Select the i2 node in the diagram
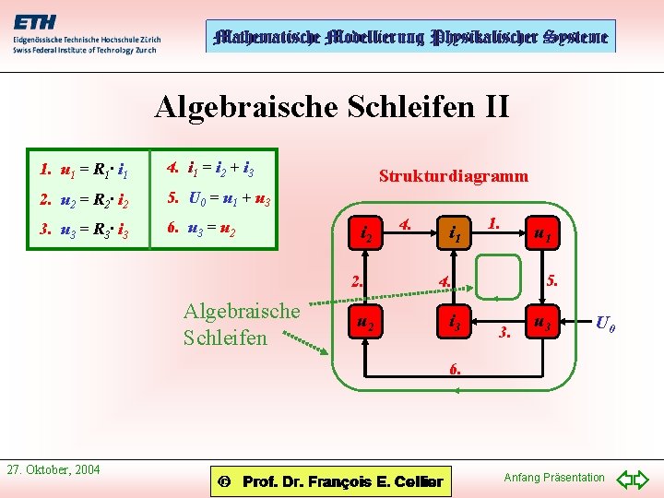366,236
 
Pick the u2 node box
366,323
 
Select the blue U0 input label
605,323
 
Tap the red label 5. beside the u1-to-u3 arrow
552,279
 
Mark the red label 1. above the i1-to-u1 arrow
494,222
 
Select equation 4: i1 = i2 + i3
210,169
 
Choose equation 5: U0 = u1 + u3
217,198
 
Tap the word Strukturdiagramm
454,175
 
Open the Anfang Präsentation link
554,477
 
